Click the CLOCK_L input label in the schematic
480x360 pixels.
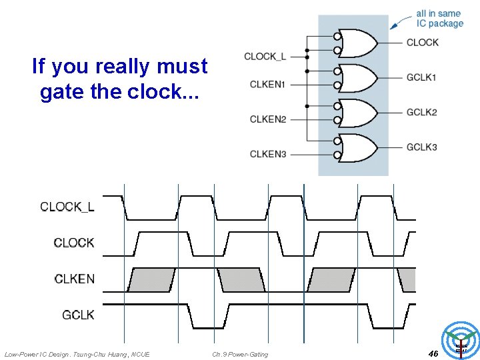(x=265, y=57)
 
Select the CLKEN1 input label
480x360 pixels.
(x=267, y=84)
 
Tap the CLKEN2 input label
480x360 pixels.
(x=267, y=119)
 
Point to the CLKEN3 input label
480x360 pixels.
(x=267, y=154)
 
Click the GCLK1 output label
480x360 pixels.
(x=422, y=77)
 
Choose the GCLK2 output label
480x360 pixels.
(x=422, y=112)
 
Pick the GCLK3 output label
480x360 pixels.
(x=422, y=147)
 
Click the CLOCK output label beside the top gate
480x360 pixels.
(x=423, y=42)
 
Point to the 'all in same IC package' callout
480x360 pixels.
(x=439, y=18)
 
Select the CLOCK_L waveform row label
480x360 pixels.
(x=67, y=207)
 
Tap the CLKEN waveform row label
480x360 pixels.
(x=74, y=279)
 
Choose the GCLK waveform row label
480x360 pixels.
(x=78, y=315)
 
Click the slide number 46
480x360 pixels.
(x=433, y=353)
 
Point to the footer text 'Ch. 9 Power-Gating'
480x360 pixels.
(x=240, y=354)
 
